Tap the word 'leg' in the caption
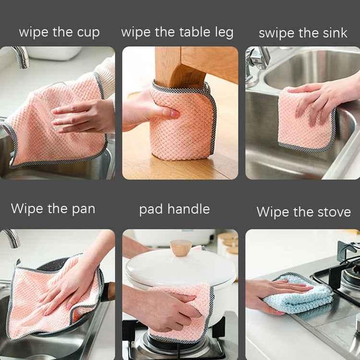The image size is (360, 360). coord(222,33)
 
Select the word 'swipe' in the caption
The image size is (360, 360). coord(277,34)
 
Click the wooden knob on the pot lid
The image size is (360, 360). coord(181,248)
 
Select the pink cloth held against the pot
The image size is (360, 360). coord(180,312)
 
